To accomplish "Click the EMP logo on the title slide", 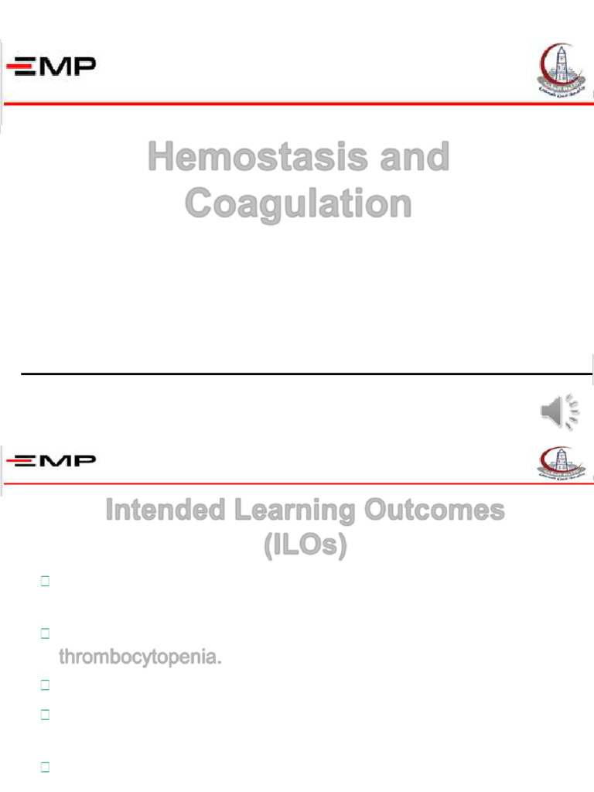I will [52, 68].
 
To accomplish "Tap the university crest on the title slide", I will [555, 70].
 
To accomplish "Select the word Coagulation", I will [298, 203].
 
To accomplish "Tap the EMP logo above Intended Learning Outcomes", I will [52, 462].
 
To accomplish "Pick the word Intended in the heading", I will [155, 511].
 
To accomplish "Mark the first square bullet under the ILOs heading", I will [44, 582].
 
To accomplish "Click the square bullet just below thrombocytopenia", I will [44, 685].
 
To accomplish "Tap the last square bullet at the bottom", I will [44, 768].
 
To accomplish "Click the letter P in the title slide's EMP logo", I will [86, 67].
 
